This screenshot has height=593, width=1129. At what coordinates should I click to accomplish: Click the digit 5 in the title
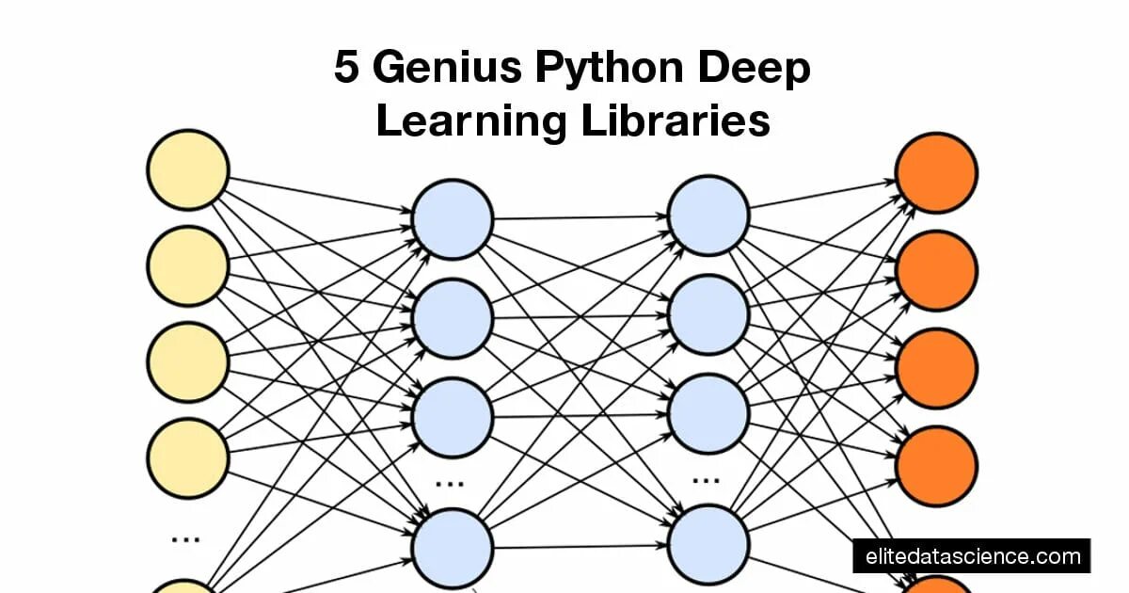coord(347,69)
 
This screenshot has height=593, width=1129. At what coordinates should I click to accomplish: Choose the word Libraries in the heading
coord(675,122)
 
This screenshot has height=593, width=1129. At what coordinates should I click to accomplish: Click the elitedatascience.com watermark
coord(972,555)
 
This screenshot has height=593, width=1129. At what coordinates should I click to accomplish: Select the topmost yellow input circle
coord(187,170)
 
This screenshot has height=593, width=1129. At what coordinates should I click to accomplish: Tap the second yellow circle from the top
coord(187,266)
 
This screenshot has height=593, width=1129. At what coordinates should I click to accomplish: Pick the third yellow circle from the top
coord(187,362)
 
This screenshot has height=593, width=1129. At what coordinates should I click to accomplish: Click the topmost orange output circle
coord(936,173)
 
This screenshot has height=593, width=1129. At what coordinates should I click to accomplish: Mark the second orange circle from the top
coord(936,270)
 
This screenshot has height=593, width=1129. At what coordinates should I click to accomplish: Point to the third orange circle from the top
coord(936,368)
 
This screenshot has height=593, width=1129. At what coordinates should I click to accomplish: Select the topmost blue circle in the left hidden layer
coord(453,219)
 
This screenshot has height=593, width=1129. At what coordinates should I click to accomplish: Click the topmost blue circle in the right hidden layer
coord(708,216)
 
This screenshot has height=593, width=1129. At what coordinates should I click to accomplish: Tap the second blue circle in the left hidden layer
coord(453,318)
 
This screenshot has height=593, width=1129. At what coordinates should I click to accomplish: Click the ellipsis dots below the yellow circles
coord(185,539)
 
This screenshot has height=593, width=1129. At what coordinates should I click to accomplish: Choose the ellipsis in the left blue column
coord(450,483)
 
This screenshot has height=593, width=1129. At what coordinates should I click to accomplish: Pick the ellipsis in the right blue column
coord(706,479)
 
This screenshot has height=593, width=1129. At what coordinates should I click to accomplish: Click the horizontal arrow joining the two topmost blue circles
coord(580,217)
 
